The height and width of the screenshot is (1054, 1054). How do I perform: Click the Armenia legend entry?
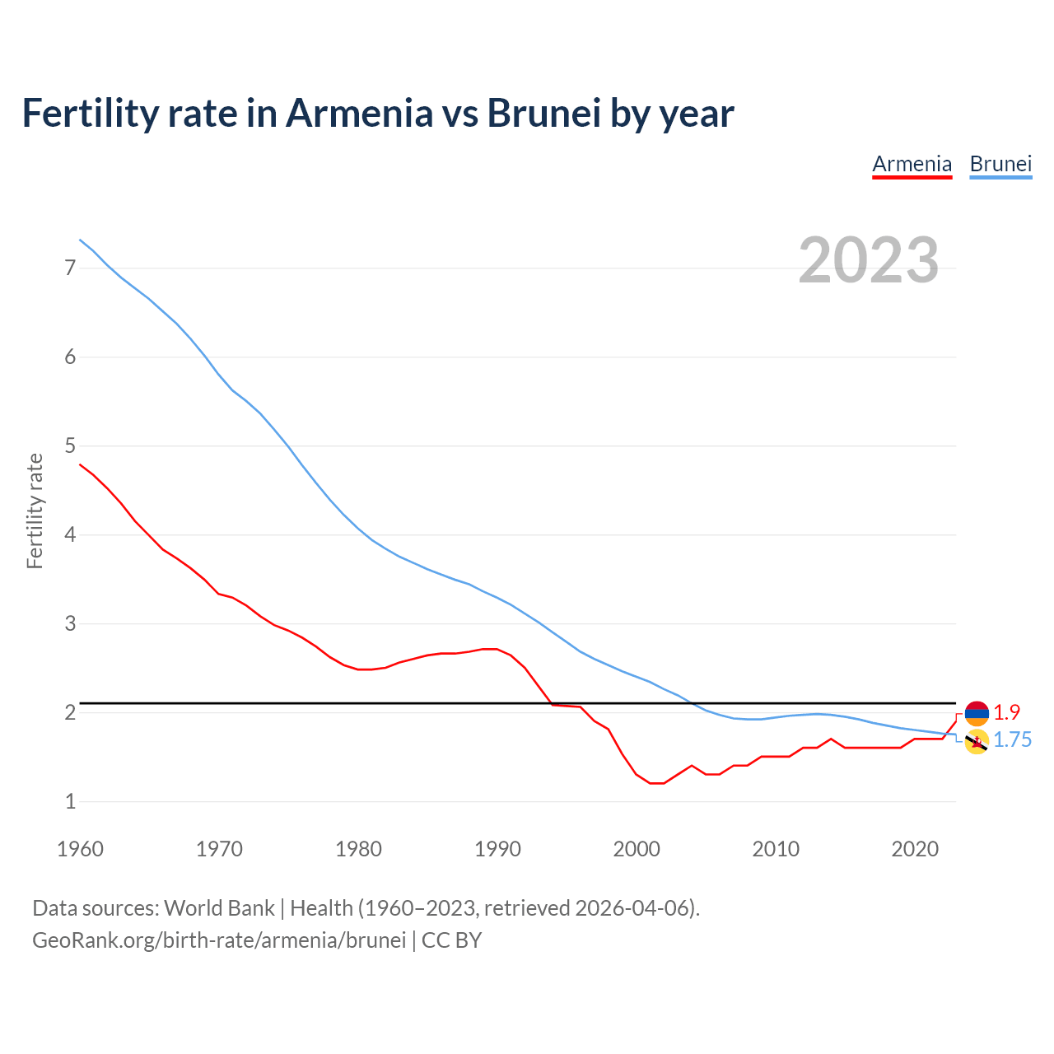point(912,164)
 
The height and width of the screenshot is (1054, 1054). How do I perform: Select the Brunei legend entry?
point(1000,164)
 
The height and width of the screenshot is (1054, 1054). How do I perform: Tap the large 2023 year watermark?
point(868,260)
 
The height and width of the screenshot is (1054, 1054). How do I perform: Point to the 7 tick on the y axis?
point(70,268)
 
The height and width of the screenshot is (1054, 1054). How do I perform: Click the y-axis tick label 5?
point(70,445)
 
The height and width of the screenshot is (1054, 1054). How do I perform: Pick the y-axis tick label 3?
point(70,623)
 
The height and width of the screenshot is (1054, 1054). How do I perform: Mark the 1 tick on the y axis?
point(70,801)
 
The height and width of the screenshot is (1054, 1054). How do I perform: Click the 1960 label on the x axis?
point(80,849)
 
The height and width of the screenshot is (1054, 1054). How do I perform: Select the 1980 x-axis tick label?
point(358,849)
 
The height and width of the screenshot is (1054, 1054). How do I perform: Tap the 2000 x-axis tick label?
point(637,849)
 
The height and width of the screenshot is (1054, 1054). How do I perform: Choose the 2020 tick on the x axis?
point(915,849)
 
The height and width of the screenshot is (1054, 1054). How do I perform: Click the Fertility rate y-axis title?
point(35,511)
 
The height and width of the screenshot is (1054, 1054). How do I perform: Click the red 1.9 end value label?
point(1006,712)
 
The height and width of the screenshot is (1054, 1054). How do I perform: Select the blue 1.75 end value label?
point(1012,740)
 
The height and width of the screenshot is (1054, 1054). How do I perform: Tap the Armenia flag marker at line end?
point(977,713)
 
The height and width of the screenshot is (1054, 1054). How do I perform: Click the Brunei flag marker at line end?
point(977,742)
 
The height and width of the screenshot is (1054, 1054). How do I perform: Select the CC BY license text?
point(451,940)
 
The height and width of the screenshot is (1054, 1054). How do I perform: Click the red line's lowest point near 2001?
point(656,783)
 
